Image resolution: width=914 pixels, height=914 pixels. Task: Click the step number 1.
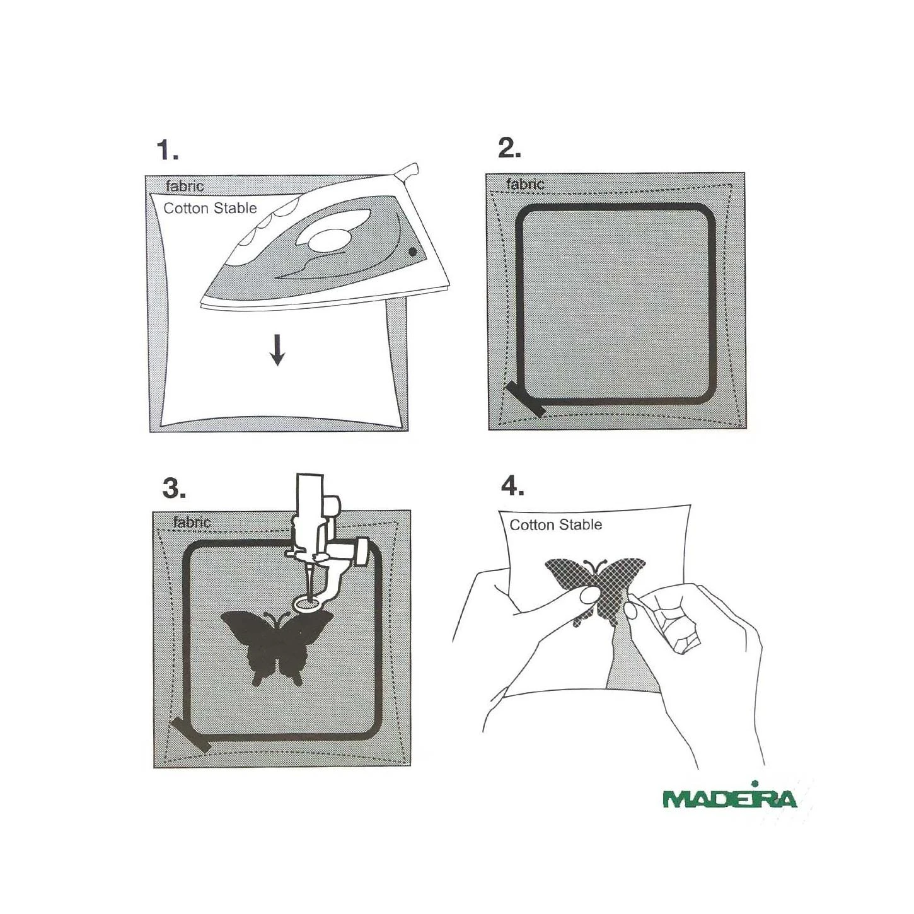click(x=168, y=151)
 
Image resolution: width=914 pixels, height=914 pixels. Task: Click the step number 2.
click(x=509, y=149)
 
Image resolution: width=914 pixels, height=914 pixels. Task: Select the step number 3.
click(x=173, y=489)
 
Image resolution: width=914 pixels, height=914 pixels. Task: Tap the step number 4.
click(x=512, y=486)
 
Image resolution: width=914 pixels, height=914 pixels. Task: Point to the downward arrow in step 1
click(x=277, y=350)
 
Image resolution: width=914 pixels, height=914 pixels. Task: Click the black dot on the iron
click(x=413, y=252)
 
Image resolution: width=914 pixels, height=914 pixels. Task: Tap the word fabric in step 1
click(x=185, y=186)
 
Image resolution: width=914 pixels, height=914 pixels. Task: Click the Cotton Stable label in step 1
click(x=210, y=208)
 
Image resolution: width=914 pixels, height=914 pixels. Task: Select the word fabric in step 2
click(x=525, y=184)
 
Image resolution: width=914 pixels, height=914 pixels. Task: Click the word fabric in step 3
click(x=192, y=523)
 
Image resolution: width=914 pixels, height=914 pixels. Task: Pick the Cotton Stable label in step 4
click(x=556, y=524)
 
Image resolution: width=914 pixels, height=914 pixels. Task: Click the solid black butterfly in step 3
click(x=277, y=647)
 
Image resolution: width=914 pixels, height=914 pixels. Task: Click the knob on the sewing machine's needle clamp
click(x=361, y=551)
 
